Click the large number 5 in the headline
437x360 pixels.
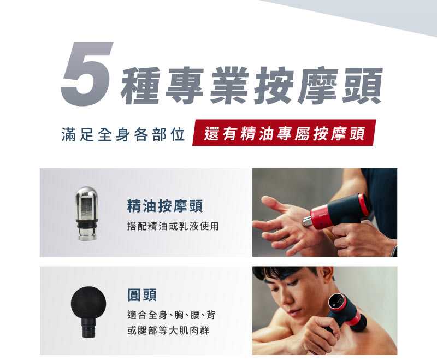click(x=87, y=74)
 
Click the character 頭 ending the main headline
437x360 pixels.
click(x=362, y=86)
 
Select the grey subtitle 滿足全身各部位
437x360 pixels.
click(x=123, y=134)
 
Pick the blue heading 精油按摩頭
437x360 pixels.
click(x=165, y=205)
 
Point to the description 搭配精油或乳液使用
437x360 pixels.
click(x=173, y=226)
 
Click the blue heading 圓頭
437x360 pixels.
click(x=142, y=294)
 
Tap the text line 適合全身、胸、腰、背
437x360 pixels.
click(x=172, y=315)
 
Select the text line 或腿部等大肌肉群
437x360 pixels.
click(x=168, y=331)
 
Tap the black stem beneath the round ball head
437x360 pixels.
click(x=88, y=328)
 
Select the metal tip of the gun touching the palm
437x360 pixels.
click(x=306, y=221)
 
